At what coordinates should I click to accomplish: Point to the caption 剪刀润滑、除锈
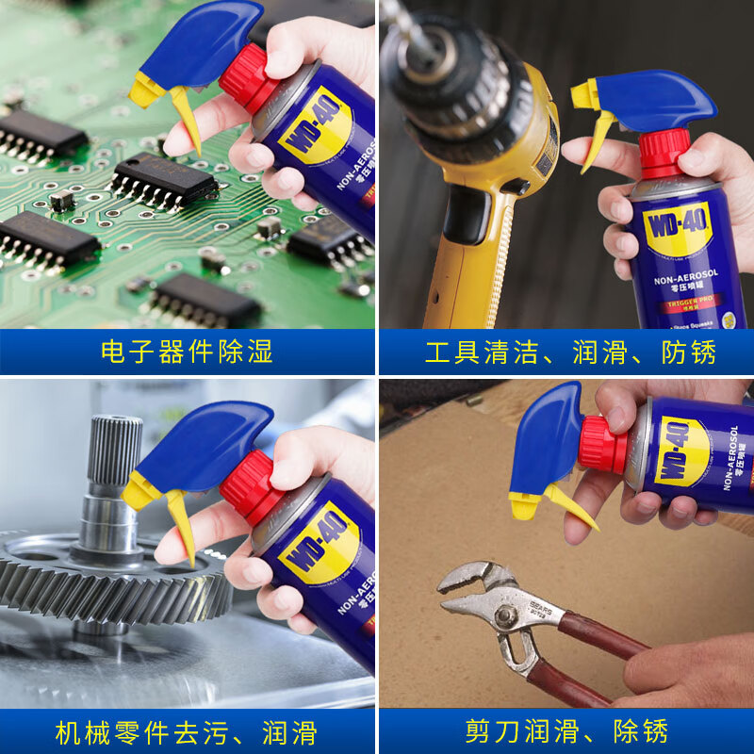[566, 731]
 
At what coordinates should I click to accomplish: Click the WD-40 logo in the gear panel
[319, 541]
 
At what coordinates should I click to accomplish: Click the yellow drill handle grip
[471, 264]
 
